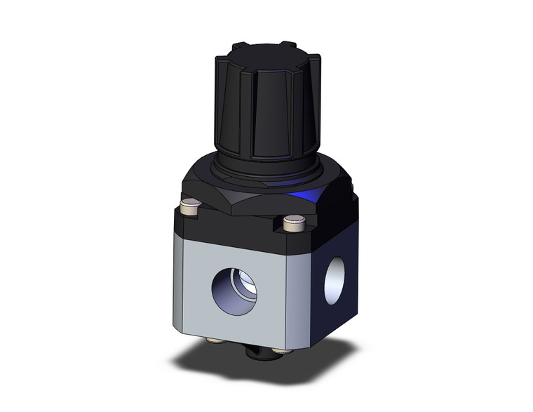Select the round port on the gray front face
pyautogui.click(x=234, y=288)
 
